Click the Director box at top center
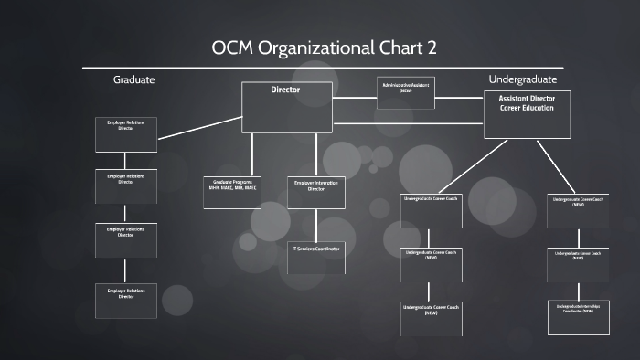pyautogui.click(x=285, y=107)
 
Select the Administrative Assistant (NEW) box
pyautogui.click(x=404, y=94)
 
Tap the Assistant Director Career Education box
pyautogui.click(x=527, y=114)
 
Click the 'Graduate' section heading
pyautogui.click(x=133, y=80)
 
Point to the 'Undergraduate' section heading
pyautogui.click(x=523, y=79)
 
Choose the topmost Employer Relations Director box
pyautogui.click(x=125, y=133)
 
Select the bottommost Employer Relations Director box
pyautogui.click(x=125, y=301)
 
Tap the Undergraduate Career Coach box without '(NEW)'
pyautogui.click(x=431, y=212)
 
